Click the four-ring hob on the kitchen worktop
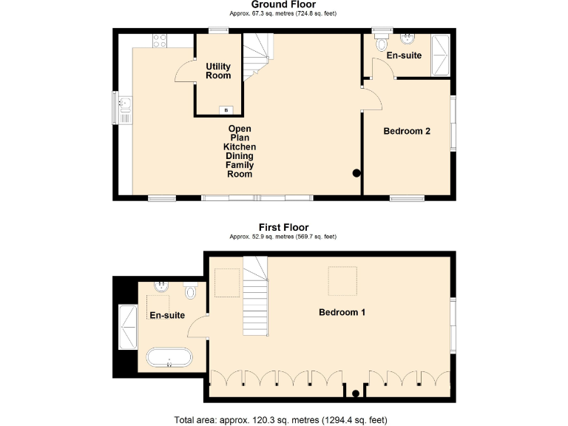point(160,41)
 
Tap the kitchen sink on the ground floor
point(124,109)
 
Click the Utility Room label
point(218,71)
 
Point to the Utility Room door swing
point(183,72)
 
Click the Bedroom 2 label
point(407,132)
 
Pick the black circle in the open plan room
point(356,174)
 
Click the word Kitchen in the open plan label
point(240,147)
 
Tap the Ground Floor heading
point(283,4)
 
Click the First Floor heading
point(283,227)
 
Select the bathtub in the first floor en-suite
point(169,359)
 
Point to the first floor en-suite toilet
point(192,291)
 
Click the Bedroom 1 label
point(342,312)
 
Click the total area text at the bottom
point(280,419)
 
